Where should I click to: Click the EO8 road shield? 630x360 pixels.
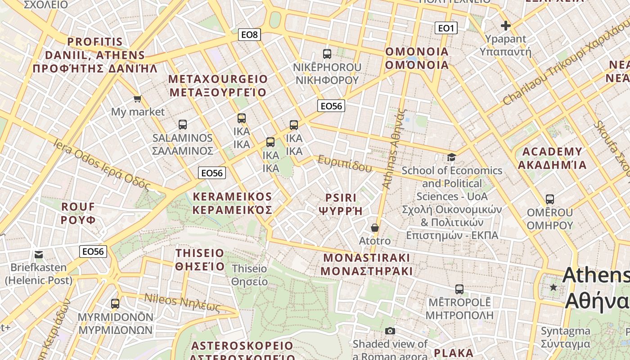pyautogui.click(x=249, y=35)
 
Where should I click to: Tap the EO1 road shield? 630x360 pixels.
pyautogui.click(x=446, y=28)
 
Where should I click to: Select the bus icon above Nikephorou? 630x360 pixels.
pyautogui.click(x=327, y=54)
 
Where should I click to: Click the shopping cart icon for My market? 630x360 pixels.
pyautogui.click(x=137, y=99)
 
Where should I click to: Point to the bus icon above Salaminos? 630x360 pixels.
pyautogui.click(x=182, y=125)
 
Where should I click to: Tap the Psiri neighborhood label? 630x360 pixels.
pyautogui.click(x=341, y=204)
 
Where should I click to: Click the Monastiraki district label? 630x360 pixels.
pyautogui.click(x=367, y=264)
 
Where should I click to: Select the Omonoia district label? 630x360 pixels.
pyautogui.click(x=417, y=58)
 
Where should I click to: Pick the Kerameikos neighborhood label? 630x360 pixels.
pyautogui.click(x=232, y=203)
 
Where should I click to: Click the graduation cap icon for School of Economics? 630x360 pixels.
pyautogui.click(x=451, y=157)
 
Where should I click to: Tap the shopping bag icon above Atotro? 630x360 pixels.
pyautogui.click(x=374, y=228)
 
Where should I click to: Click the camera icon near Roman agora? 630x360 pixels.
pyautogui.click(x=390, y=331)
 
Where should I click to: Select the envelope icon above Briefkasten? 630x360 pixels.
pyautogui.click(x=39, y=255)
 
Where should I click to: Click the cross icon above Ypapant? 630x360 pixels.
pyautogui.click(x=505, y=26)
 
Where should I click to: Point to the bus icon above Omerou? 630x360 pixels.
pyautogui.click(x=549, y=199)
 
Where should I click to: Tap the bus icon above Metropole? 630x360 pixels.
pyautogui.click(x=459, y=289)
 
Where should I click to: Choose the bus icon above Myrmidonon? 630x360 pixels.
pyautogui.click(x=115, y=304)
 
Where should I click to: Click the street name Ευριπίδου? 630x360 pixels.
pyautogui.click(x=345, y=164)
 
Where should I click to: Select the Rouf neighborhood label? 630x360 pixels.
pyautogui.click(x=78, y=213)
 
